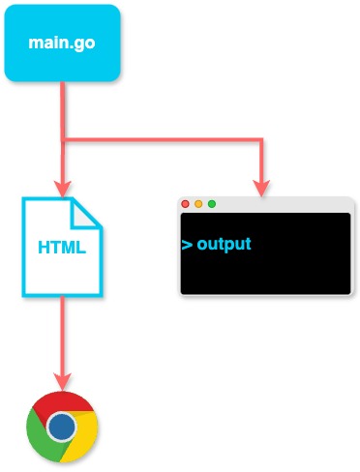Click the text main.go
point(62,44)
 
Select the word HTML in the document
point(62,247)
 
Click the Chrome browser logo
point(62,426)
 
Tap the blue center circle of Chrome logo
point(62,426)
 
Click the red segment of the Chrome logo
point(62,403)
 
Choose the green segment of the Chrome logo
point(41,434)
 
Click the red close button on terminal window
point(186,204)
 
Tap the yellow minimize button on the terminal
point(198,204)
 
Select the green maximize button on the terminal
point(211,204)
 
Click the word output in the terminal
point(224,244)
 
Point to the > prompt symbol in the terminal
point(186,244)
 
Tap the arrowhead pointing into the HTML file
point(62,189)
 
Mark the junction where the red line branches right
point(62,140)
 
